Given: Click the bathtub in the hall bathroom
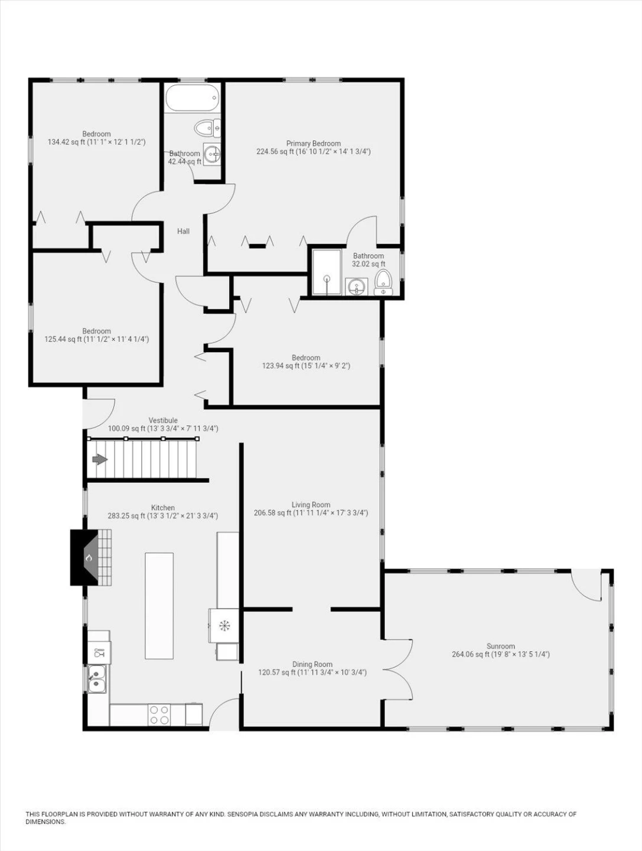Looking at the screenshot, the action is (x=193, y=98).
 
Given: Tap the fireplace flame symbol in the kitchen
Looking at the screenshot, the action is (x=89, y=558).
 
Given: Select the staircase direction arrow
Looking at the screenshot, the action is (x=100, y=460).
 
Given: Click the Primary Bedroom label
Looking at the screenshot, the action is (x=314, y=144).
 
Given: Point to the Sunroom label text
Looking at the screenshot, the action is (x=501, y=647).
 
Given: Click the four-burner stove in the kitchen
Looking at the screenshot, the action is (x=159, y=714).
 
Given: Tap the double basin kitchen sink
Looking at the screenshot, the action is (x=97, y=679).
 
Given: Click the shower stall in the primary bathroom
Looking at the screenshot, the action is (x=327, y=272).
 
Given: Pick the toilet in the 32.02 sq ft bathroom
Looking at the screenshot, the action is (x=383, y=283).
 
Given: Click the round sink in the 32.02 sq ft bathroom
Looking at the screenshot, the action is (x=356, y=287).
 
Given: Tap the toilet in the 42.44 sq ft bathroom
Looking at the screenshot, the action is (x=207, y=128).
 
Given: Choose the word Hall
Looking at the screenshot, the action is (x=183, y=232).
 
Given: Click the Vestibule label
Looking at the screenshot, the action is (x=163, y=420).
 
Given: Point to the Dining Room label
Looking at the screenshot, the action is (x=312, y=664).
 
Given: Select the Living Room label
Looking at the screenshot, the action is (x=311, y=505).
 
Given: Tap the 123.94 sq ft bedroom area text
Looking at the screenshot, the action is (x=281, y=366).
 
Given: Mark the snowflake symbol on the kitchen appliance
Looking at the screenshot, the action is (x=224, y=625).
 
